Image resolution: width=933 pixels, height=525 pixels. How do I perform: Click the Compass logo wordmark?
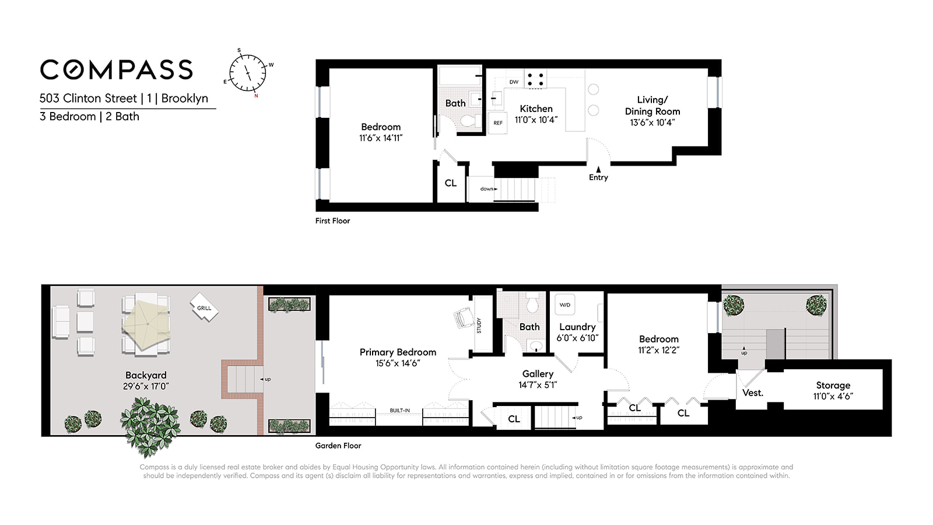(x=116, y=70)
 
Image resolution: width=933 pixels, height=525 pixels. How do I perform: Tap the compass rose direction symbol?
(x=248, y=73)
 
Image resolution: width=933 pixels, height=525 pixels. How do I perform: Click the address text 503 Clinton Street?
(x=88, y=98)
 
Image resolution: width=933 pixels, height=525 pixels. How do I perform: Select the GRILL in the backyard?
(x=204, y=307)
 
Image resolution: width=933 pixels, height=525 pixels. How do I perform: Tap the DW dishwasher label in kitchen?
(x=514, y=82)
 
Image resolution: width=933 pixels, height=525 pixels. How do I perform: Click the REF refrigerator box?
(x=498, y=123)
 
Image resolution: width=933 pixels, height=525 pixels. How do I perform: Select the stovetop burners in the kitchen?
(x=535, y=79)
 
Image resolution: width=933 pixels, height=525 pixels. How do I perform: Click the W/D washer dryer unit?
(x=564, y=305)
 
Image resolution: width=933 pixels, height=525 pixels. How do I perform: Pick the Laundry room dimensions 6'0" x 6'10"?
(x=577, y=338)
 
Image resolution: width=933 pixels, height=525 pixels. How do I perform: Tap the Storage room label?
(x=833, y=385)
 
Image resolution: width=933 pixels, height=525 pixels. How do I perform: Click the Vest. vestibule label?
(x=753, y=393)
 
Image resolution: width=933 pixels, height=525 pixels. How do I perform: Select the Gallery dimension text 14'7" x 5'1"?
(x=538, y=385)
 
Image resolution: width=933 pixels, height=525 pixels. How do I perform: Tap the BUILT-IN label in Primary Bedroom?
(x=399, y=411)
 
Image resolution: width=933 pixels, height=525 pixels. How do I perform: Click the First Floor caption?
(x=332, y=220)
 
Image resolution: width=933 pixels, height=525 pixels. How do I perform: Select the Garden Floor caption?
(x=338, y=446)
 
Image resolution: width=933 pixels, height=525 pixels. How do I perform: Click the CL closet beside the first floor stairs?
(x=451, y=183)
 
